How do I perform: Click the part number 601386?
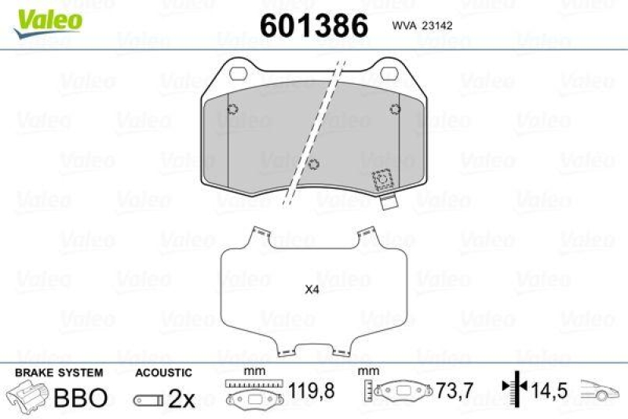tap(313, 25)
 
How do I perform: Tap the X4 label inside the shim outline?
tap(312, 289)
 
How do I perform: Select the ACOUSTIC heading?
tap(163, 373)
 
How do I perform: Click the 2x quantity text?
tap(181, 399)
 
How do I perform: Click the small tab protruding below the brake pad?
tap(387, 203)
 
